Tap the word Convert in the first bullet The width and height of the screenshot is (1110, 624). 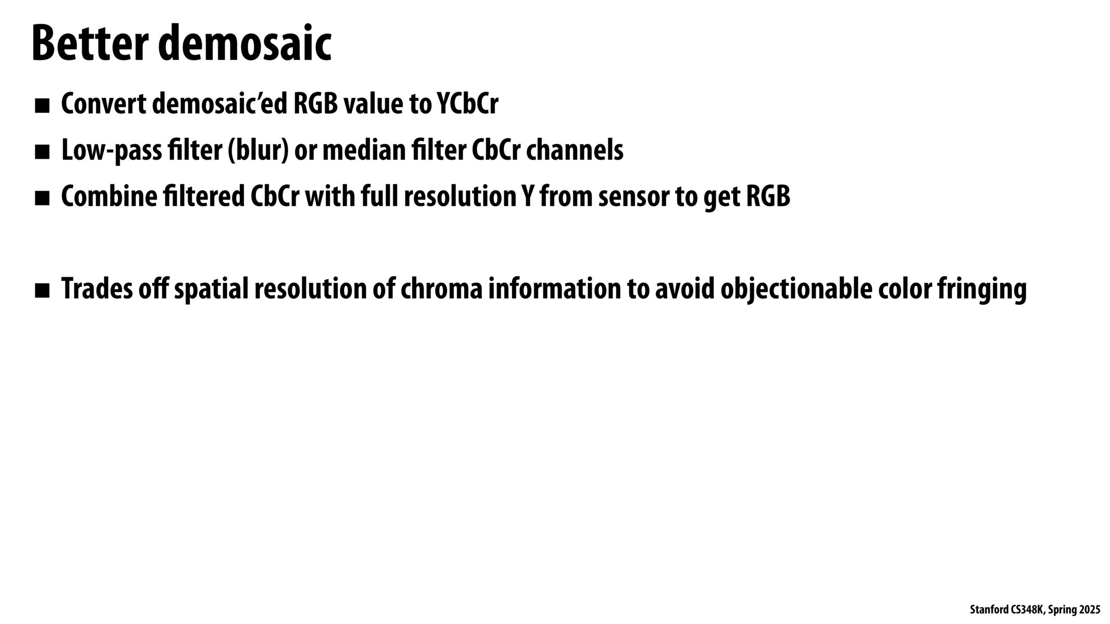pyautogui.click(x=104, y=104)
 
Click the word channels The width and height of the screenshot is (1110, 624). pyautogui.click(x=575, y=150)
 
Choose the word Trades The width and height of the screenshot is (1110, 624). pyautogui.click(x=97, y=289)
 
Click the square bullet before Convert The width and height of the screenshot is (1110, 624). pyautogui.click(x=42, y=106)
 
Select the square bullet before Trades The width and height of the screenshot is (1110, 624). pyautogui.click(x=42, y=291)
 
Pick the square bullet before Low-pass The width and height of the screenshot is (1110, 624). pyautogui.click(x=42, y=152)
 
